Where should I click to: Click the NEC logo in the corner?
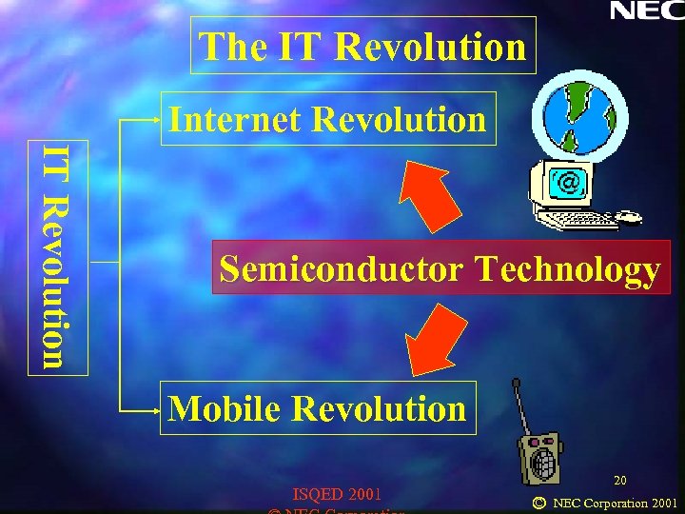[645, 11]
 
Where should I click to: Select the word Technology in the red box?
[567, 269]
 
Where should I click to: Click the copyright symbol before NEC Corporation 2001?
[539, 502]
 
